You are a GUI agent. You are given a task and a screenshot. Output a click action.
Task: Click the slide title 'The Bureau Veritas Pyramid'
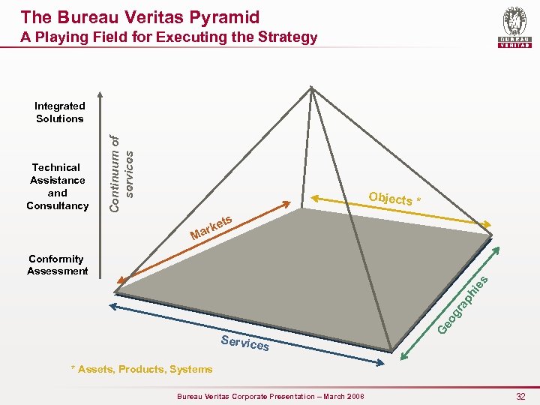[140, 16]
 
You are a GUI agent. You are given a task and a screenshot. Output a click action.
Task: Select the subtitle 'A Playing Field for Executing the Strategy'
[169, 37]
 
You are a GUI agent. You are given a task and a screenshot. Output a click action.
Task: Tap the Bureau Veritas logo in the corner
[514, 28]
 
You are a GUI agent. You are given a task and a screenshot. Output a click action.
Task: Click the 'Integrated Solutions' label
[60, 112]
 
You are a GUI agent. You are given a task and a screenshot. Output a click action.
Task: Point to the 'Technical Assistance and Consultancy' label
[57, 186]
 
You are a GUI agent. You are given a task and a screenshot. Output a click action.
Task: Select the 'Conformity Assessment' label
[57, 265]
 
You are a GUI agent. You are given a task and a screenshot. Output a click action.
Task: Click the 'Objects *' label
[396, 199]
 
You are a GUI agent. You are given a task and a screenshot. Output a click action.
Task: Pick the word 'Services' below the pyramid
[245, 343]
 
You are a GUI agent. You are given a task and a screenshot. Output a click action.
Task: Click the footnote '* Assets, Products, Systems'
[141, 369]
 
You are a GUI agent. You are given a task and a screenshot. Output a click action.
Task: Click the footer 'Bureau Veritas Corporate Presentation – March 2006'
[270, 395]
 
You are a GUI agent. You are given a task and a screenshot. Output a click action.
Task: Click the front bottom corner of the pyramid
[391, 349]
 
